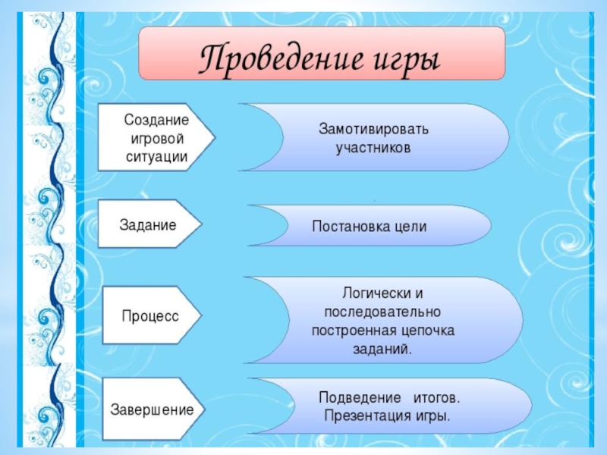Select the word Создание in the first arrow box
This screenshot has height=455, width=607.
coord(156,120)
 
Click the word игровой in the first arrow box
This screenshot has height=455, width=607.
coord(157,139)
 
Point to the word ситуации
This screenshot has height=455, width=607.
coord(156,157)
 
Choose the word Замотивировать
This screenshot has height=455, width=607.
coord(373,129)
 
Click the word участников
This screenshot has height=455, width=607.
coord(373,148)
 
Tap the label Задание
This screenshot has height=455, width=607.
coord(148,225)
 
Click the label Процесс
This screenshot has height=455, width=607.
coord(150,316)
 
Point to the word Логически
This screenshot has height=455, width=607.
coord(372,293)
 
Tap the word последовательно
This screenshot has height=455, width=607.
coord(382,312)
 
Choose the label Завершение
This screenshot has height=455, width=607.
coord(152,409)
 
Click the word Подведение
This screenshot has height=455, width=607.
coord(360,397)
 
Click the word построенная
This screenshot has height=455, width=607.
coord(354,331)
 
